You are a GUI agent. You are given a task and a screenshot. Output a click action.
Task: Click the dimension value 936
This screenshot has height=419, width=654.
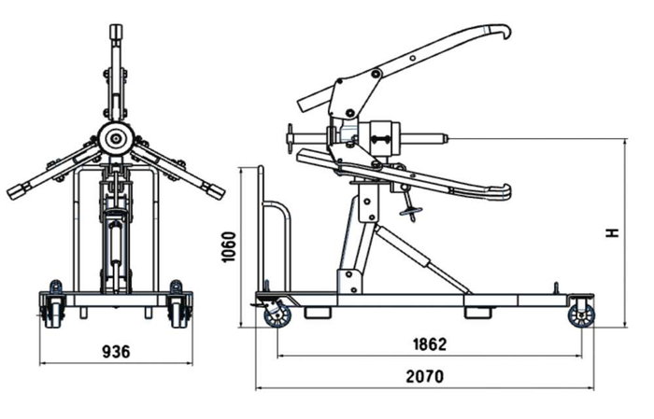116,352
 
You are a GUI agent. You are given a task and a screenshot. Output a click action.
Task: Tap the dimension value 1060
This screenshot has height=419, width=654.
229,247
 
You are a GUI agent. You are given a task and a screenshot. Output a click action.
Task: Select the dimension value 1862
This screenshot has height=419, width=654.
430,344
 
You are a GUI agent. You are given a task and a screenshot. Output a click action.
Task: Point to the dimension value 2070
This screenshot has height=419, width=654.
425,376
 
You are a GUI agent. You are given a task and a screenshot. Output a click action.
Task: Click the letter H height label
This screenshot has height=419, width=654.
612,233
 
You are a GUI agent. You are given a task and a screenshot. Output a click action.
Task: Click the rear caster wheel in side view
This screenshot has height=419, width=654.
581,315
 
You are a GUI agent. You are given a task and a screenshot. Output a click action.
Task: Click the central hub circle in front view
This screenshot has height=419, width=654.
116,139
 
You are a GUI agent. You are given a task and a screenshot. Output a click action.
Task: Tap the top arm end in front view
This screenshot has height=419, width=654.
116,32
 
